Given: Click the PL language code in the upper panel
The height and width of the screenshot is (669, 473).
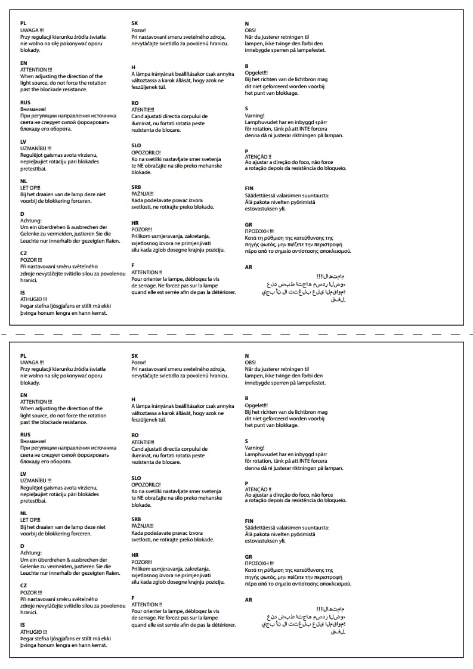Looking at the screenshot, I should pyautogui.click(x=23, y=23).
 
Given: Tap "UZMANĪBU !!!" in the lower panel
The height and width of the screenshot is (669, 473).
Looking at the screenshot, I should pyautogui.click(x=36, y=481).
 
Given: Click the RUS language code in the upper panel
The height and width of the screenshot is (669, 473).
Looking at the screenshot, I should pyautogui.click(x=25, y=103).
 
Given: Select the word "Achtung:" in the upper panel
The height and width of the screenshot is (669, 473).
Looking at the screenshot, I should pyautogui.click(x=30, y=221).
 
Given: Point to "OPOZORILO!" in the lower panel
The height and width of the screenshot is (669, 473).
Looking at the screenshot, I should pyautogui.click(x=146, y=485).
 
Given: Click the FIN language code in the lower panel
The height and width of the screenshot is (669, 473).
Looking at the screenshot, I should pyautogui.click(x=249, y=521).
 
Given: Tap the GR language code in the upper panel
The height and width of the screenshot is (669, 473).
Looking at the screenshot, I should pyautogui.click(x=249, y=224).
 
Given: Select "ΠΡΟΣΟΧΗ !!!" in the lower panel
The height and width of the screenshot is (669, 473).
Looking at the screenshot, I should pyautogui.click(x=259, y=563).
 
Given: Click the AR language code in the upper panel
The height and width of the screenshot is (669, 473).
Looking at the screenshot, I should pyautogui.click(x=249, y=267).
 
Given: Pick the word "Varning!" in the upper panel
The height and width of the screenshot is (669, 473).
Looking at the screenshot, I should pyautogui.click(x=255, y=116).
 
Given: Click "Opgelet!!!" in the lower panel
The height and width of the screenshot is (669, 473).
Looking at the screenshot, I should pyautogui.click(x=256, y=405).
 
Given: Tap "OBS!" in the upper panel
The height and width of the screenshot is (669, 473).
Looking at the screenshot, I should pyautogui.click(x=251, y=30).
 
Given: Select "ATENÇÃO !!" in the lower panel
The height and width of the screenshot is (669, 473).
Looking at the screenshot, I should pyautogui.click(x=258, y=489).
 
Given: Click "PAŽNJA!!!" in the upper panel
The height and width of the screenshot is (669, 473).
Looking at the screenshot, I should pyautogui.click(x=143, y=194).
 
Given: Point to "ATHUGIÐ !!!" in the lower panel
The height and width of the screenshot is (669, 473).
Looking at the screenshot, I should pyautogui.click(x=33, y=631).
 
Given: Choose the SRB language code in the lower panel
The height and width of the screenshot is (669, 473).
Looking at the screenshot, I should pyautogui.click(x=136, y=519).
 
